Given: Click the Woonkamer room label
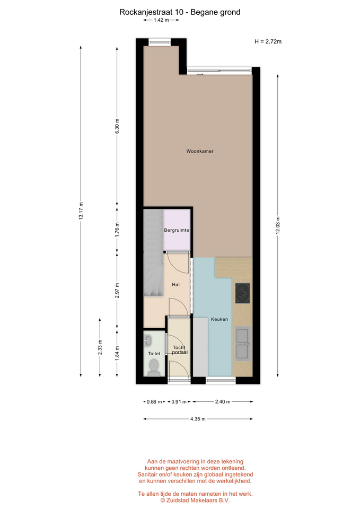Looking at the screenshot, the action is pos(200,151).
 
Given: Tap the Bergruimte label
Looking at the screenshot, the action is pos(177,230).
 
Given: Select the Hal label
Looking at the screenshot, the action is pos(175,285).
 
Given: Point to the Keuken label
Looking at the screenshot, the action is pos(219,319).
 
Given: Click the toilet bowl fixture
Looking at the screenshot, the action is pos(153,368).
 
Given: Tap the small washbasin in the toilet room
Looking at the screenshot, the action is pos(148,340).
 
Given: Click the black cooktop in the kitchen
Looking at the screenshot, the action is pos(242,293).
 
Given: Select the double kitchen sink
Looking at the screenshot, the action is pos(243,344).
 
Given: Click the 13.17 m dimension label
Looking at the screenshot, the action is pos(81,211).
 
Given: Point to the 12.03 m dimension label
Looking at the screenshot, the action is pos(277,225).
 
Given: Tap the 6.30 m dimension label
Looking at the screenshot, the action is pos(117,126).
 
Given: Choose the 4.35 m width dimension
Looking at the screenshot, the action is pos(198,419).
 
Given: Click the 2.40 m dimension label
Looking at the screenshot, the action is pos(223,401).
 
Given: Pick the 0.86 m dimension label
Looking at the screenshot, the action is pos(154,401).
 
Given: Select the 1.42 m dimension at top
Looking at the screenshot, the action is pos(161,20).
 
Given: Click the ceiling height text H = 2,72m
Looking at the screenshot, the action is pos(268,41).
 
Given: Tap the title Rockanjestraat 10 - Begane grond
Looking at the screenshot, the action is pos(180,12).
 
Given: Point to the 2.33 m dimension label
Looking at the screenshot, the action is pos(100,347).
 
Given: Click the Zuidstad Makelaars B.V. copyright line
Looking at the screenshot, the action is pos(195,501).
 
